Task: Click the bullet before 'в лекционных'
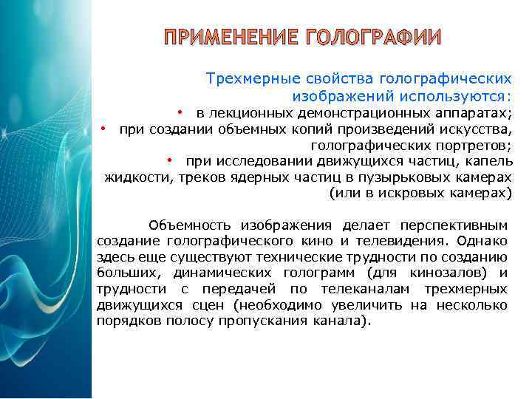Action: pyautogui.click(x=180, y=112)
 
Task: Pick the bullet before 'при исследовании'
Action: pyautogui.click(x=169, y=161)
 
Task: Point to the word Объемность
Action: pyautogui.click(x=184, y=225)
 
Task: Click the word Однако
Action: pyautogui.click(x=482, y=240)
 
